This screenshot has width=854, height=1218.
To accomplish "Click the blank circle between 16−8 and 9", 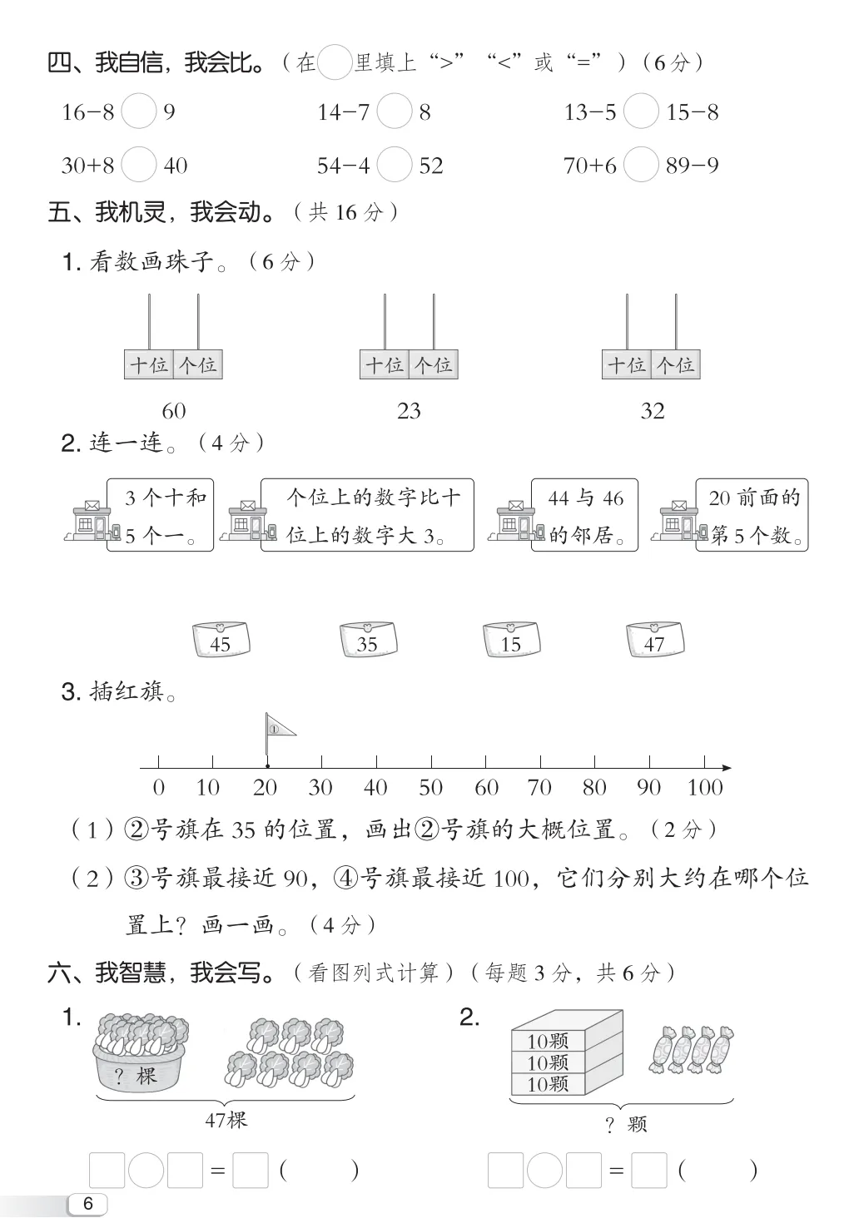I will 138,111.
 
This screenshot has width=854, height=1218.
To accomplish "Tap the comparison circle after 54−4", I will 395,165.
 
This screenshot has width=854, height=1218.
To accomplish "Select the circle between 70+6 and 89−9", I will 641,165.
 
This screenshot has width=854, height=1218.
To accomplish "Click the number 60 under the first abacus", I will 174,411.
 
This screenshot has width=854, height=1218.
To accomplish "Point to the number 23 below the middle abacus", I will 409,411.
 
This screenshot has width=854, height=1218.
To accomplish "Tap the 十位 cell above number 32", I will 627,364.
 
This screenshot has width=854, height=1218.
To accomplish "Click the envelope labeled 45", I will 221,641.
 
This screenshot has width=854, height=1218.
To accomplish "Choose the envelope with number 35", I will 368,641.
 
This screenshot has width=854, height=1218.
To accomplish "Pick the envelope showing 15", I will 511,641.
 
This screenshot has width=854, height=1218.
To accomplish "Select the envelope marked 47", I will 655,641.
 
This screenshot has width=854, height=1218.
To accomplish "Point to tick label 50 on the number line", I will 430,787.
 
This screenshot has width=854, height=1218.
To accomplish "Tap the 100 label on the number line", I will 705,787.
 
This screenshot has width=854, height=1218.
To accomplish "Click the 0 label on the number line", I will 159,787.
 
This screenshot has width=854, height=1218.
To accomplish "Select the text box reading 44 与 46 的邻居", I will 584,515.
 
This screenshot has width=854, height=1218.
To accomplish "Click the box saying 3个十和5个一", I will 160,515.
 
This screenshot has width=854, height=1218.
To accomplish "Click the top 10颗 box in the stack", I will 548,1041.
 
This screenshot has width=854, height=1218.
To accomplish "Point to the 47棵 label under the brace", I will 226,1120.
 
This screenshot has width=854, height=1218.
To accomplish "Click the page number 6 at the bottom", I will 89,1203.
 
